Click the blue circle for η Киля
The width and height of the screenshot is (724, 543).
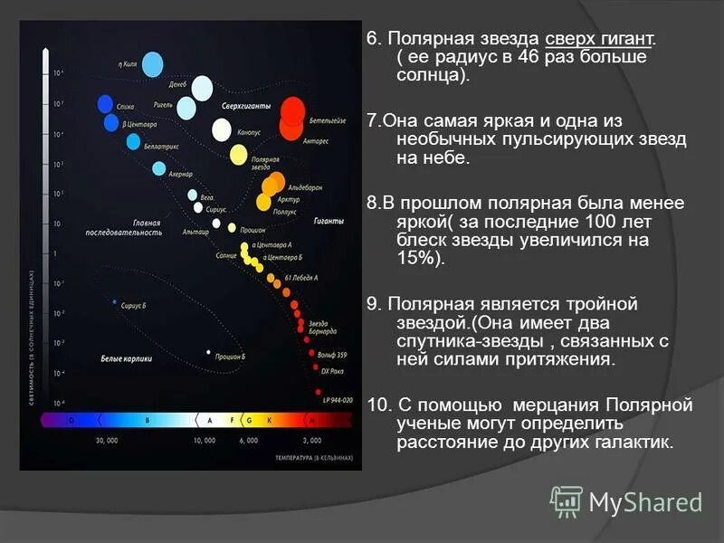pos(152,63)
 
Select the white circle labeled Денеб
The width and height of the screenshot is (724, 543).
pos(202,88)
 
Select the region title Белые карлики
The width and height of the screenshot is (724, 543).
pos(126,359)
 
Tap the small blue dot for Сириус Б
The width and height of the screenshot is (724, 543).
pos(115,302)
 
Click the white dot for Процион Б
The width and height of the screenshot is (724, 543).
pos(209,352)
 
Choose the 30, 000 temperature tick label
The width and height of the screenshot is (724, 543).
pos(107,441)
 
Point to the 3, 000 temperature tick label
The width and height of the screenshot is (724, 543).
pos(311,441)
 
